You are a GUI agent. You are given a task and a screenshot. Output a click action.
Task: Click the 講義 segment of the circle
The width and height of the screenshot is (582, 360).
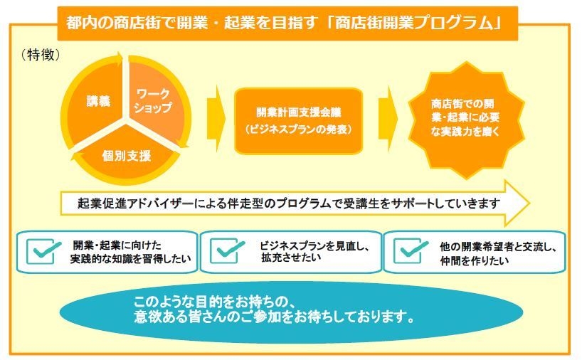(x=98, y=102)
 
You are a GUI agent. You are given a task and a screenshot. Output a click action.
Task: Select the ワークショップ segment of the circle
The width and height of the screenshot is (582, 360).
(x=154, y=102)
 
